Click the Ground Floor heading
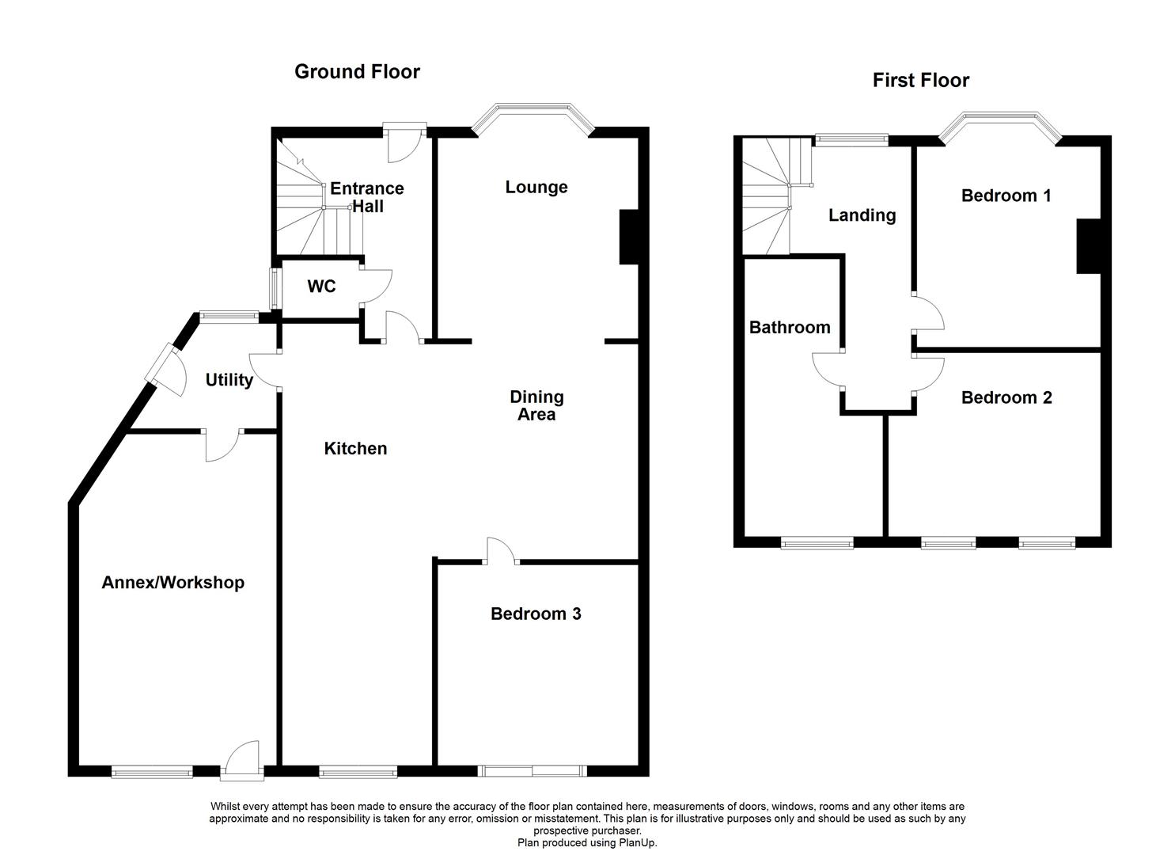(x=357, y=72)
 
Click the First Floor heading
(x=920, y=80)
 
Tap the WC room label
(x=321, y=287)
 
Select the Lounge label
(x=536, y=188)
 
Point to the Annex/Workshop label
(x=172, y=583)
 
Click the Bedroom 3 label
(x=536, y=614)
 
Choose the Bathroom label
(x=790, y=328)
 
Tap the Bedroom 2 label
(x=1006, y=397)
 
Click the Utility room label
(x=229, y=380)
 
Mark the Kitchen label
(x=355, y=449)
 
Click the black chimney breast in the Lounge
(x=628, y=236)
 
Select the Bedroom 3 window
(x=533, y=770)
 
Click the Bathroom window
(x=817, y=543)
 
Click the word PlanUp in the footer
(x=638, y=843)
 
